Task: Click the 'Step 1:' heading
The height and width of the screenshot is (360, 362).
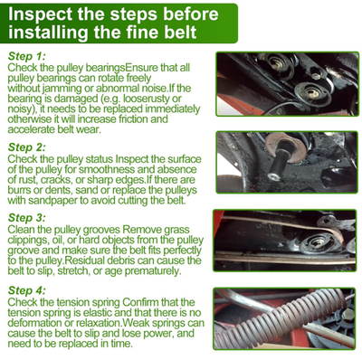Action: click(26, 56)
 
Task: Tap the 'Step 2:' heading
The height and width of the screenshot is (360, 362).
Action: click(26, 147)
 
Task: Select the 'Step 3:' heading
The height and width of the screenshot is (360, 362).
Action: click(26, 218)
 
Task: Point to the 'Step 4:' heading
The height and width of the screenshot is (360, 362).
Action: click(26, 290)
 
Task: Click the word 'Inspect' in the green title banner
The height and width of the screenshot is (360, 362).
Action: click(40, 14)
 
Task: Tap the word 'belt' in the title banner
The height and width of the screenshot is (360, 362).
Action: click(180, 32)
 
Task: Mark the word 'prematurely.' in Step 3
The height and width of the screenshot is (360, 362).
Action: click(153, 270)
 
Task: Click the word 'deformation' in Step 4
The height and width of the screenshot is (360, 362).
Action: click(35, 323)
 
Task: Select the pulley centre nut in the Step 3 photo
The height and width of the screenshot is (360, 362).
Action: click(318, 241)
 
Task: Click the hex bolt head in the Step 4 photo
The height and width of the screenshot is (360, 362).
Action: click(348, 315)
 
